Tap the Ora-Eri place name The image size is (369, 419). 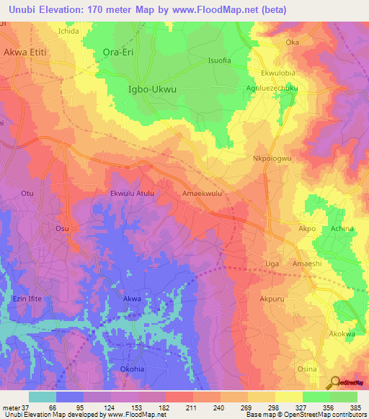point(119,53)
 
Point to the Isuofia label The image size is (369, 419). point(218,60)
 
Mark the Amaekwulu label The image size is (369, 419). point(202,193)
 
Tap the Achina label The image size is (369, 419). point(342,228)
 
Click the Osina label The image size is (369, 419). point(308,369)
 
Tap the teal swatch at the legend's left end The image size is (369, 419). point(42,397)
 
